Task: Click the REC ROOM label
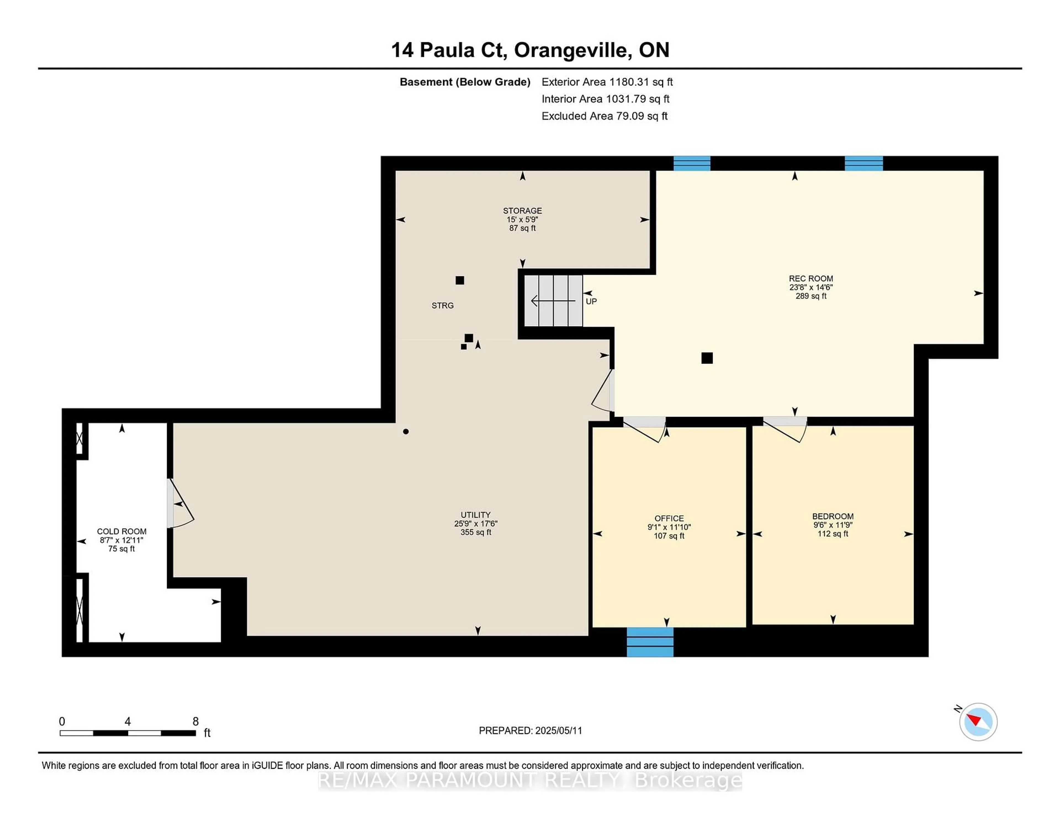click(810, 278)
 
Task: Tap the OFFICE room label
click(669, 518)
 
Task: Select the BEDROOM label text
click(833, 516)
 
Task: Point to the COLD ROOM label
click(121, 531)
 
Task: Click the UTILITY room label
click(476, 515)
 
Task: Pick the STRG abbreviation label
click(443, 305)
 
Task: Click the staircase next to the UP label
click(553, 301)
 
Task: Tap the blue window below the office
click(650, 642)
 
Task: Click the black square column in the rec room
click(707, 358)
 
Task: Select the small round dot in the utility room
click(406, 431)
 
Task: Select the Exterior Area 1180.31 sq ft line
click(607, 82)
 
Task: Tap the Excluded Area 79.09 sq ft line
click(605, 116)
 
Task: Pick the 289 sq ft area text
click(810, 296)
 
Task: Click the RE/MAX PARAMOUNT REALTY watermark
click(530, 781)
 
